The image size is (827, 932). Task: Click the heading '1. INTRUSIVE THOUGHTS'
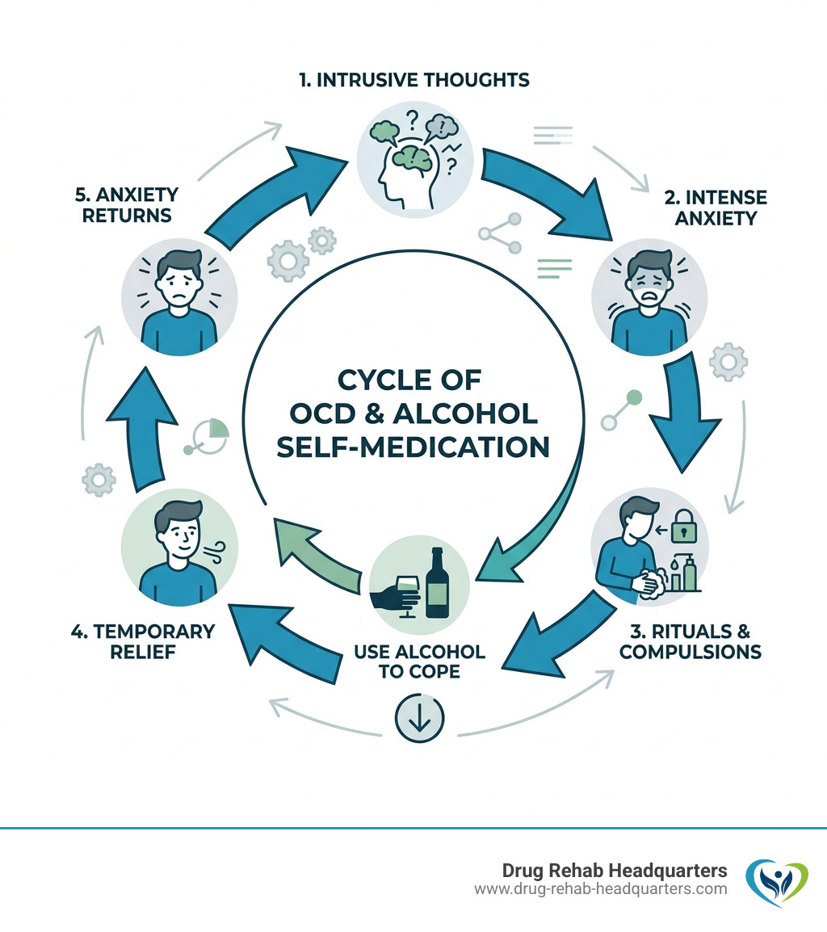click(x=413, y=80)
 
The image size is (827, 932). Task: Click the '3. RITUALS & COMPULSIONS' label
click(x=690, y=640)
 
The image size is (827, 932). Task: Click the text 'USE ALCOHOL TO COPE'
click(x=419, y=661)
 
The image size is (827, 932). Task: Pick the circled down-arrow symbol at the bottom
click(x=419, y=720)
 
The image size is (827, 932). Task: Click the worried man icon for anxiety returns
click(x=179, y=288)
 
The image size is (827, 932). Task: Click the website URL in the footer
click(x=601, y=889)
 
